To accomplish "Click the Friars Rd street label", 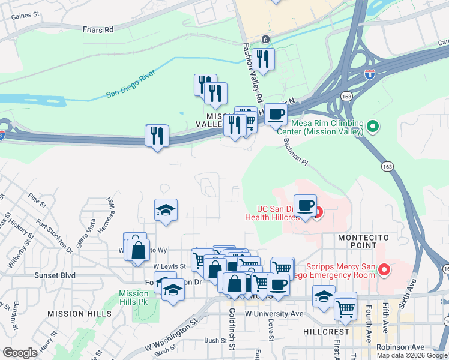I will [98, 29].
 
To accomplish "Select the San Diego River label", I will [130, 84].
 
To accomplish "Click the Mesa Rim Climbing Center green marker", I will [373, 127].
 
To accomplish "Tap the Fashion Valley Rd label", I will [253, 72].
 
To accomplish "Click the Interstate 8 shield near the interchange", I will [370, 75].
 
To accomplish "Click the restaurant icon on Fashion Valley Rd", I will [263, 59].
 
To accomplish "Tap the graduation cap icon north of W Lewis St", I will [166, 211].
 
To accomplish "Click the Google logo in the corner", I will [20, 353].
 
